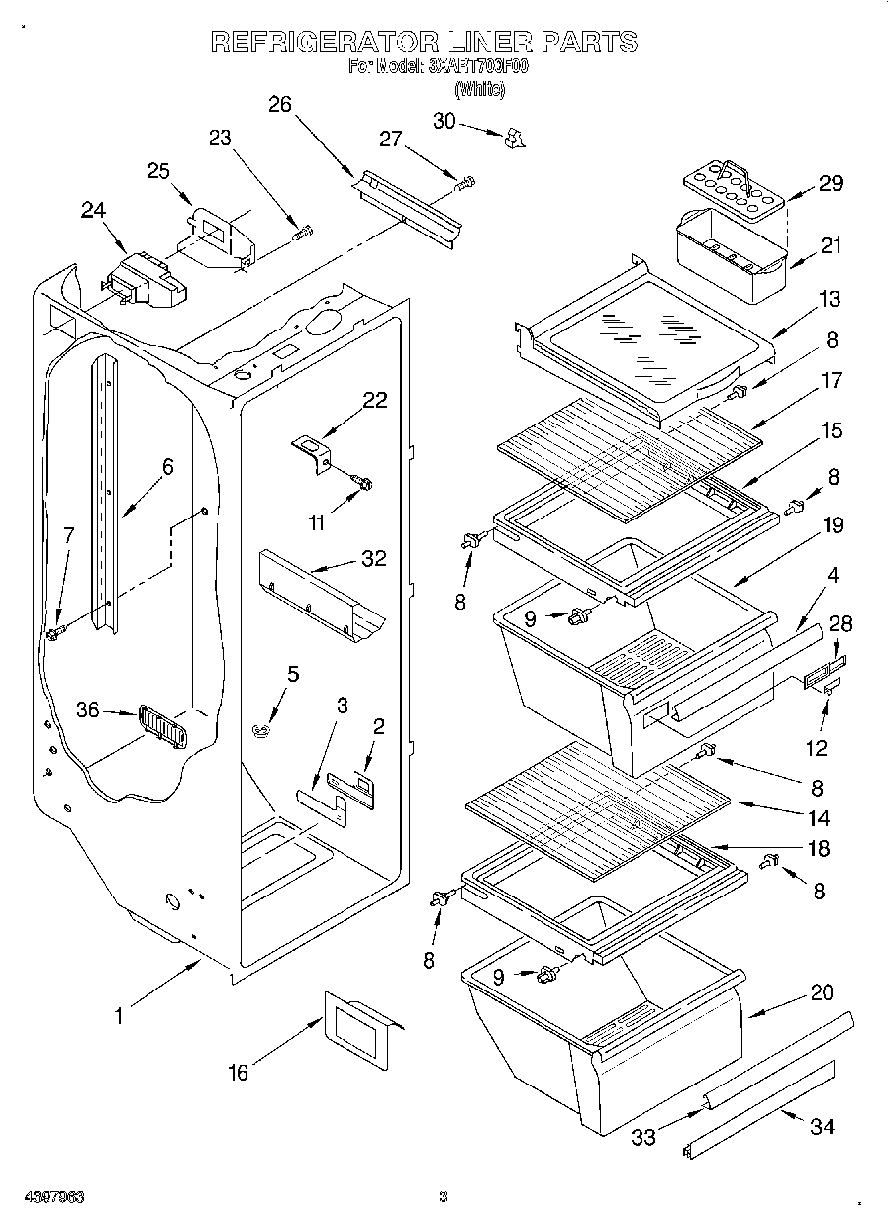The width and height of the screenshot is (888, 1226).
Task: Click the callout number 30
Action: (444, 120)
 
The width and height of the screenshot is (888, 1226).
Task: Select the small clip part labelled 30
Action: (513, 140)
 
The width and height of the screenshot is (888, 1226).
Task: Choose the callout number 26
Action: (280, 104)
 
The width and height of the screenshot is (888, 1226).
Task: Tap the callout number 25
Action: (159, 170)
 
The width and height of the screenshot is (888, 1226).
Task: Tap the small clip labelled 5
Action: (261, 730)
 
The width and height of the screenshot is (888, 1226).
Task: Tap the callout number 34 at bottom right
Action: (821, 1127)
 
